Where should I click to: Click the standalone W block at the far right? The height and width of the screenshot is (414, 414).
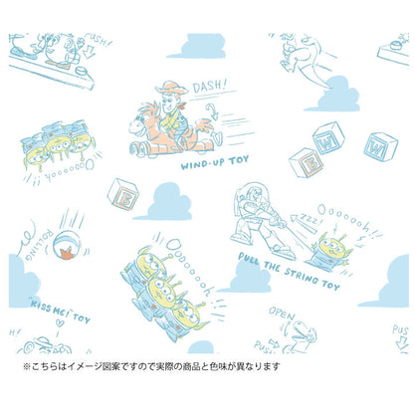tap(379, 147)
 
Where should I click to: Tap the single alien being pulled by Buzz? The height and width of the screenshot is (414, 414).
tap(327, 243)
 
